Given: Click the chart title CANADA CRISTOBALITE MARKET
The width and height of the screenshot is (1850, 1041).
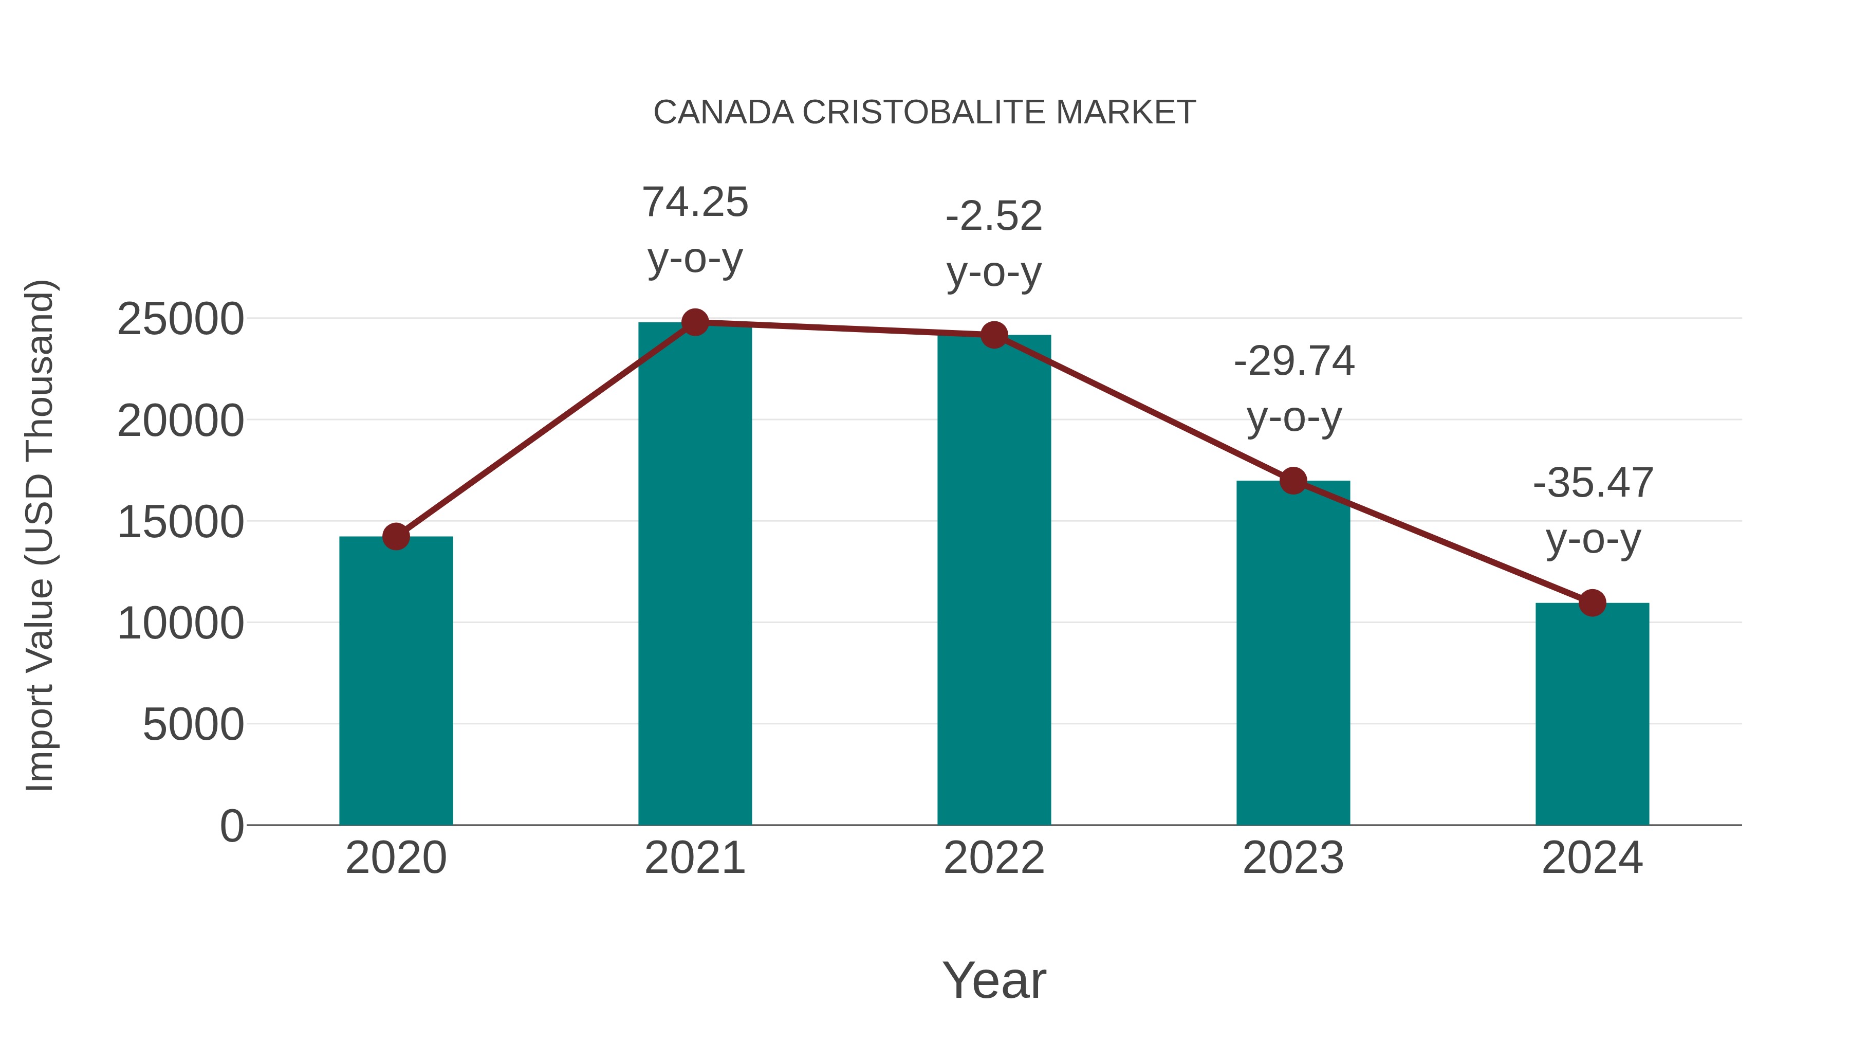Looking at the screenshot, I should tap(924, 113).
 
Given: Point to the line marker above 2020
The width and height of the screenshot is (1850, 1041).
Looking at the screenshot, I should tap(396, 536).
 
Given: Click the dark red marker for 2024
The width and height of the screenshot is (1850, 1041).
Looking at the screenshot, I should tap(1592, 603).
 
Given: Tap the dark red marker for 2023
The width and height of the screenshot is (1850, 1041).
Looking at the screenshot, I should tap(1293, 481).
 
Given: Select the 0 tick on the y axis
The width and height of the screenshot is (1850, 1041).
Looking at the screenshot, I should tap(231, 826).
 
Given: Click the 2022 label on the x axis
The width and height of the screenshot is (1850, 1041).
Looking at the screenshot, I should tap(994, 858).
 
